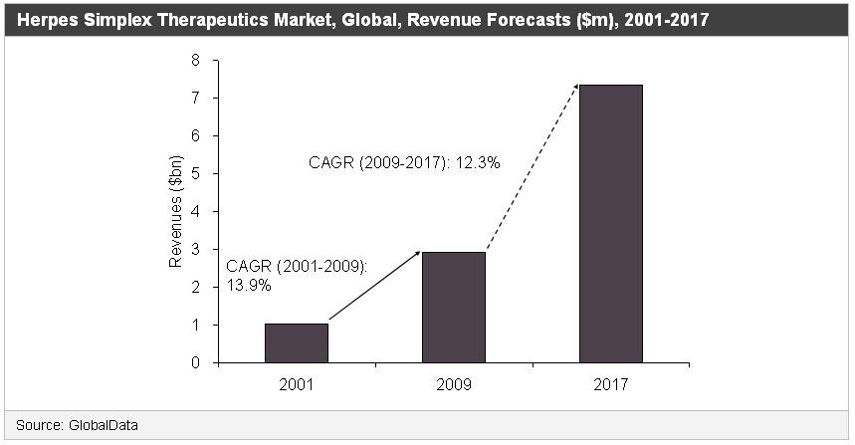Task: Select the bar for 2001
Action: tap(297, 342)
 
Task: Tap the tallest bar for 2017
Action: tap(610, 223)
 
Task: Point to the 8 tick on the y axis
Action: tap(195, 61)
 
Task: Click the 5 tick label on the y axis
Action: tap(195, 174)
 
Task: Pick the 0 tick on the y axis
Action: tap(195, 362)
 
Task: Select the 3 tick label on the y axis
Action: tap(195, 250)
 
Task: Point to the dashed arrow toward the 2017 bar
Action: tap(532, 167)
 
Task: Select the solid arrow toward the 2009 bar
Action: tap(373, 287)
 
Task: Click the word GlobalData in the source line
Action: tap(104, 425)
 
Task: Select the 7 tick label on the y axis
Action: tap(195, 99)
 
